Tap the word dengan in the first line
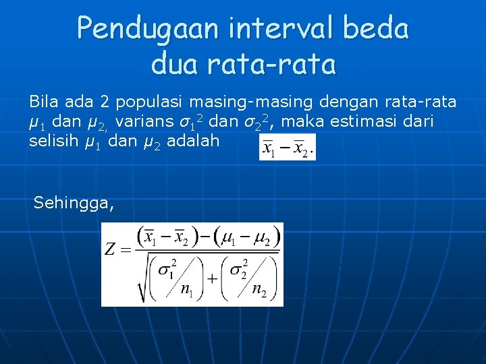[x=348, y=102]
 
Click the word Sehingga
[x=73, y=202]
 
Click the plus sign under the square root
[x=212, y=278]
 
